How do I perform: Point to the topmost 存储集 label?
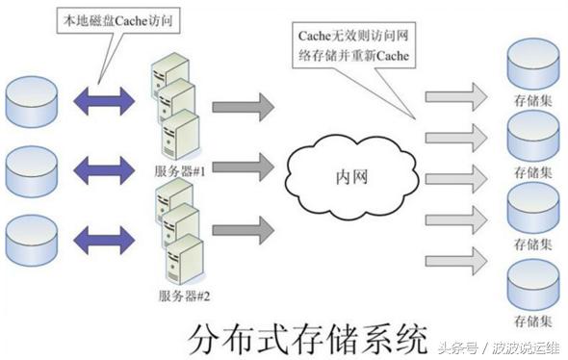(x=532, y=99)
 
